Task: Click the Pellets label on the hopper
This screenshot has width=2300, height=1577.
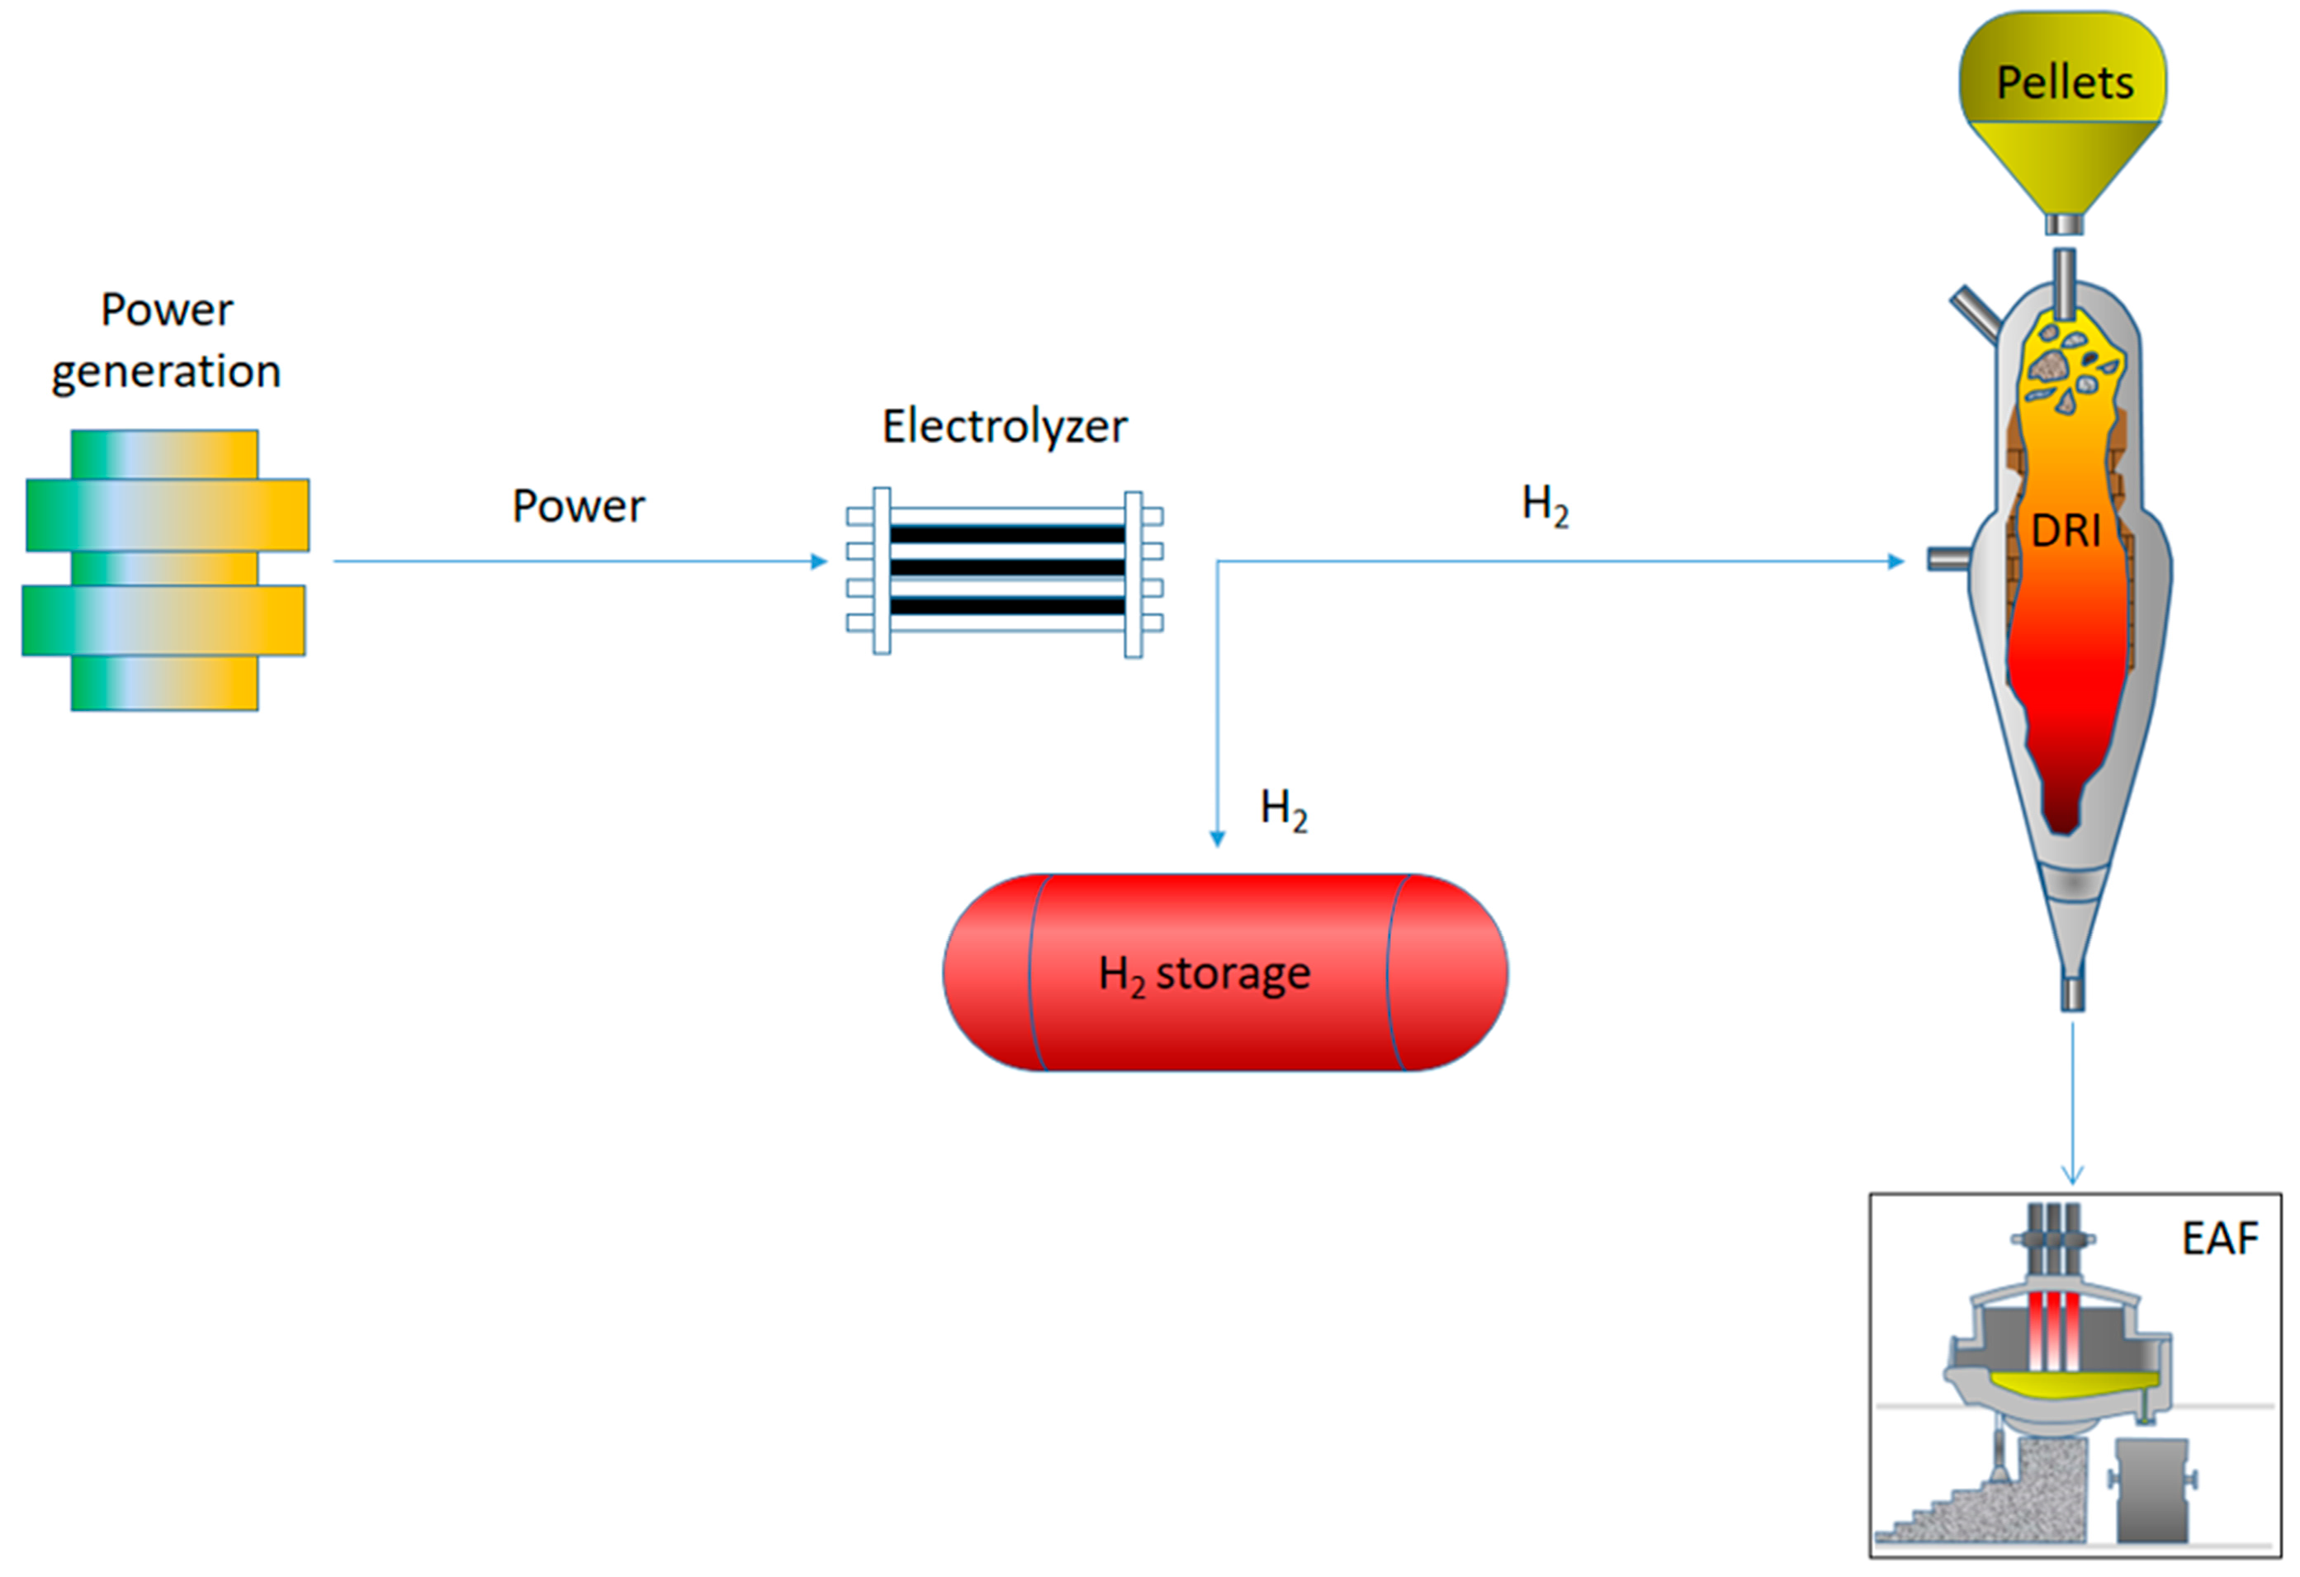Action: click(x=2065, y=83)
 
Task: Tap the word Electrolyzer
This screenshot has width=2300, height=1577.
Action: click(x=1004, y=427)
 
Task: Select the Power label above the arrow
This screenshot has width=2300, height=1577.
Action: click(x=578, y=506)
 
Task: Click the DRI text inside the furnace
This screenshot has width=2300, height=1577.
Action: click(x=2066, y=532)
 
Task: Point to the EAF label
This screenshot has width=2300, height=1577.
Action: click(x=2220, y=1238)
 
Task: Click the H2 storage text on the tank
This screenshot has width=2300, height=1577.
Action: click(x=1204, y=974)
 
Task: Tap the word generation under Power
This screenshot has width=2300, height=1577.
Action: click(x=166, y=372)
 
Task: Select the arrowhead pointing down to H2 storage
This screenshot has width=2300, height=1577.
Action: click(x=1218, y=840)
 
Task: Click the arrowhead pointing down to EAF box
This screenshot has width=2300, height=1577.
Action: click(x=2072, y=1176)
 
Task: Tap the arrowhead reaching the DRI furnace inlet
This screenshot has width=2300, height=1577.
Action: click(x=1896, y=562)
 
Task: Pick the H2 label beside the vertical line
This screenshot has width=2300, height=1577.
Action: click(x=1284, y=810)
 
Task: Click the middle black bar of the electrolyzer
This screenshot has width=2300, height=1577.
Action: click(x=1006, y=568)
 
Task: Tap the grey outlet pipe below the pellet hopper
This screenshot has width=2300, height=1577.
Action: click(x=2065, y=225)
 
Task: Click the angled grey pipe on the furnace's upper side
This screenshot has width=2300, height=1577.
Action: click(x=1975, y=315)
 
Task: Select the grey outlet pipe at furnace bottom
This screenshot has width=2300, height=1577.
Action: click(x=2072, y=993)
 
